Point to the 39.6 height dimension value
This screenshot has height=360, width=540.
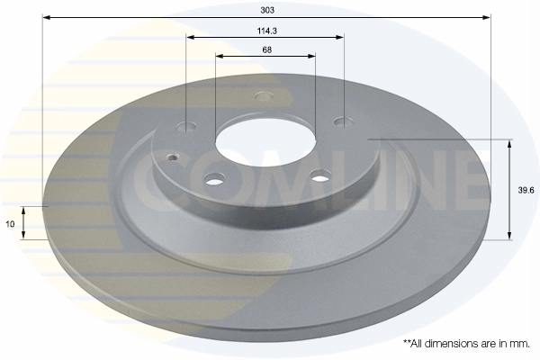[523, 190]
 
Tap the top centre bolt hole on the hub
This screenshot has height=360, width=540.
[264, 96]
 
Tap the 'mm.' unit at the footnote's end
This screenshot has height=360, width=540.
[518, 343]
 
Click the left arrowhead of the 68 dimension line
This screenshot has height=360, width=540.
[220, 57]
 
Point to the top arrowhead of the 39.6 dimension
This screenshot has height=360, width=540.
[510, 143]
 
